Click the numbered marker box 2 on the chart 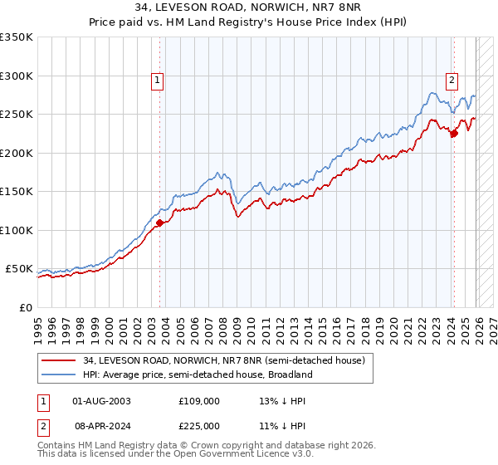(x=452, y=81)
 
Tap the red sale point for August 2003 (x=160, y=223)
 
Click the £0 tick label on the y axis (x=25, y=307)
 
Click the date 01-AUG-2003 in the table (x=102, y=401)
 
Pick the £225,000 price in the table (x=199, y=426)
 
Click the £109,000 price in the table (x=199, y=401)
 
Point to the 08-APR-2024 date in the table (x=102, y=426)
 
